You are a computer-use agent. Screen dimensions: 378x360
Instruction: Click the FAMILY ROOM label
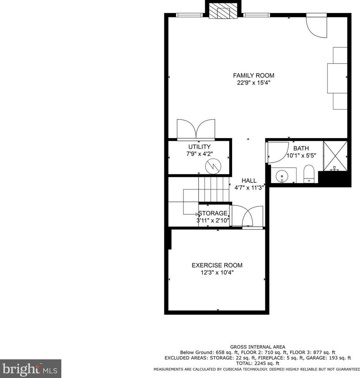point(253,76)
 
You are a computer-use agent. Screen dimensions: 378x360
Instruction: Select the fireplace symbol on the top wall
point(223,12)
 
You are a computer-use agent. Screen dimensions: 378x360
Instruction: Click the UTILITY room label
point(199,147)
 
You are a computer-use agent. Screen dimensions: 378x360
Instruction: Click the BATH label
point(301,149)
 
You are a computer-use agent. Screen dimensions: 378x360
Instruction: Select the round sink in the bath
point(282,176)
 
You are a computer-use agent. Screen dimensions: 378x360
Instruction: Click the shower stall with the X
point(335,155)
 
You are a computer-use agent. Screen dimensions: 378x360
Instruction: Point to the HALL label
point(249,181)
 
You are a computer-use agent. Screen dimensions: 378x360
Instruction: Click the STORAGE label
point(213,213)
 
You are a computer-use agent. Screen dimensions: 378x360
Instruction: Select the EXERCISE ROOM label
point(217,265)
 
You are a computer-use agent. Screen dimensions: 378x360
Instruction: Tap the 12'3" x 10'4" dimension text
point(217,273)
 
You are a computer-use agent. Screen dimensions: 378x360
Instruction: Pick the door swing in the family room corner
point(316,26)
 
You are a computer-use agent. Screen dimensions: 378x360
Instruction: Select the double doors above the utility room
point(196,129)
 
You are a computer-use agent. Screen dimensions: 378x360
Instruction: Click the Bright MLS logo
point(30,368)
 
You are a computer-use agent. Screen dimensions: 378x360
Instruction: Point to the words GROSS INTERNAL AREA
point(257,347)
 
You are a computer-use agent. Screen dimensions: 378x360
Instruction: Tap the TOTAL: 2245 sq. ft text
point(257,363)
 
